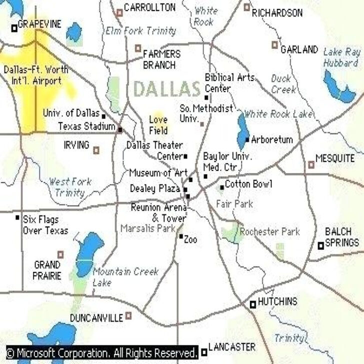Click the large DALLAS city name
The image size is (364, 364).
[x=163, y=89]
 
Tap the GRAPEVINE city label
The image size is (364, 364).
[x=39, y=23]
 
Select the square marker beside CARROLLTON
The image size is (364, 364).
[x=119, y=12]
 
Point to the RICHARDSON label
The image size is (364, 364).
[x=277, y=12]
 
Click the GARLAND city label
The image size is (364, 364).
[x=299, y=49]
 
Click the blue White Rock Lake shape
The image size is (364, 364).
[x=241, y=130]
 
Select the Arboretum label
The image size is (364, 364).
[x=271, y=139]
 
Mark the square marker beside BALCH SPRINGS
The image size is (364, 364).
[x=320, y=245]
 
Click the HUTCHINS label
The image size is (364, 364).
[x=277, y=301]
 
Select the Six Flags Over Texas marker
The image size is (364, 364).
[x=17, y=217]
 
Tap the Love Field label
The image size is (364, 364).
[x=158, y=125]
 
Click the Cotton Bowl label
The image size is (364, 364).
[x=248, y=184]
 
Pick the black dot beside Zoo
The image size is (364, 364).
[x=180, y=235]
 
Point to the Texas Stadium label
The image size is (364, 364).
[x=86, y=126]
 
